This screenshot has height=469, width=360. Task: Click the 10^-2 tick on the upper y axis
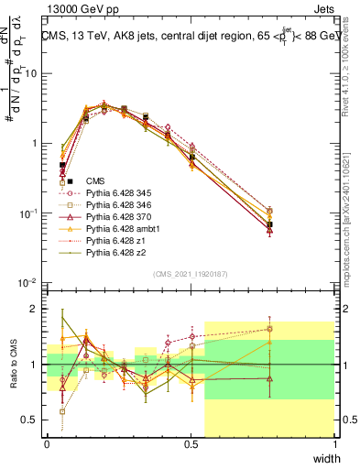coord(29,283)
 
